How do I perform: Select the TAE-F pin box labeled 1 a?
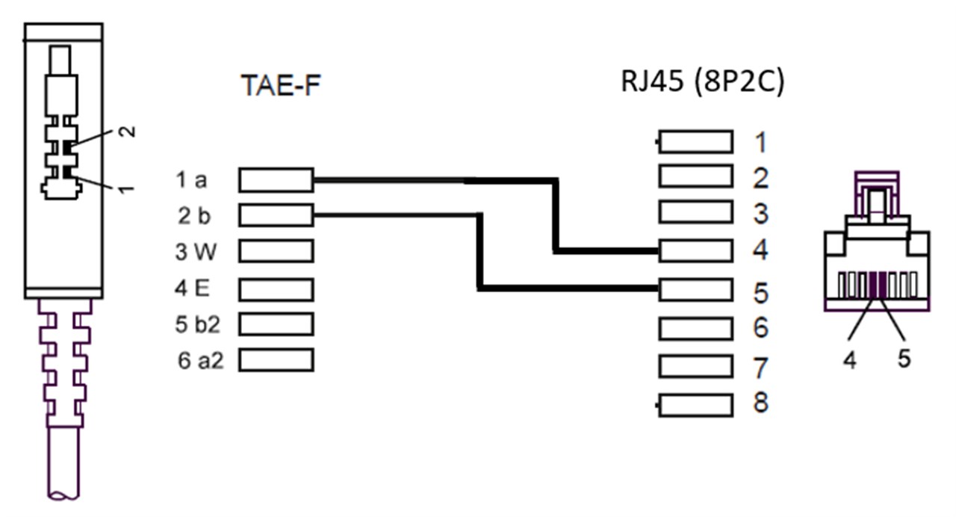point(276,180)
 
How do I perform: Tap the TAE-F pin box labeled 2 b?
point(276,216)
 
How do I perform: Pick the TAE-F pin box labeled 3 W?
point(276,252)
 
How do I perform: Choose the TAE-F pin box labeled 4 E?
point(276,288)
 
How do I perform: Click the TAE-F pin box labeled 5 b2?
point(276,324)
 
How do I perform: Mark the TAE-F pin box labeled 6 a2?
point(276,360)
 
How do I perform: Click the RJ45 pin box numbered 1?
point(695,141)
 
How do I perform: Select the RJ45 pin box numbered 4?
point(695,250)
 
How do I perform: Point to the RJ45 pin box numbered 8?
point(695,405)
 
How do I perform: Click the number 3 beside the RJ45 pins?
point(760,214)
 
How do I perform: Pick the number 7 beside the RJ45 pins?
point(760,368)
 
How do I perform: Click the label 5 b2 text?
point(193,325)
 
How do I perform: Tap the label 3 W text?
point(195,253)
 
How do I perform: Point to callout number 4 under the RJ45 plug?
point(849,359)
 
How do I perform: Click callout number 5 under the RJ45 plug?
point(904,359)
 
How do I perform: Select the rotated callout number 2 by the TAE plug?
point(128,131)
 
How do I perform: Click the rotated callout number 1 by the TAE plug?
point(128,188)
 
